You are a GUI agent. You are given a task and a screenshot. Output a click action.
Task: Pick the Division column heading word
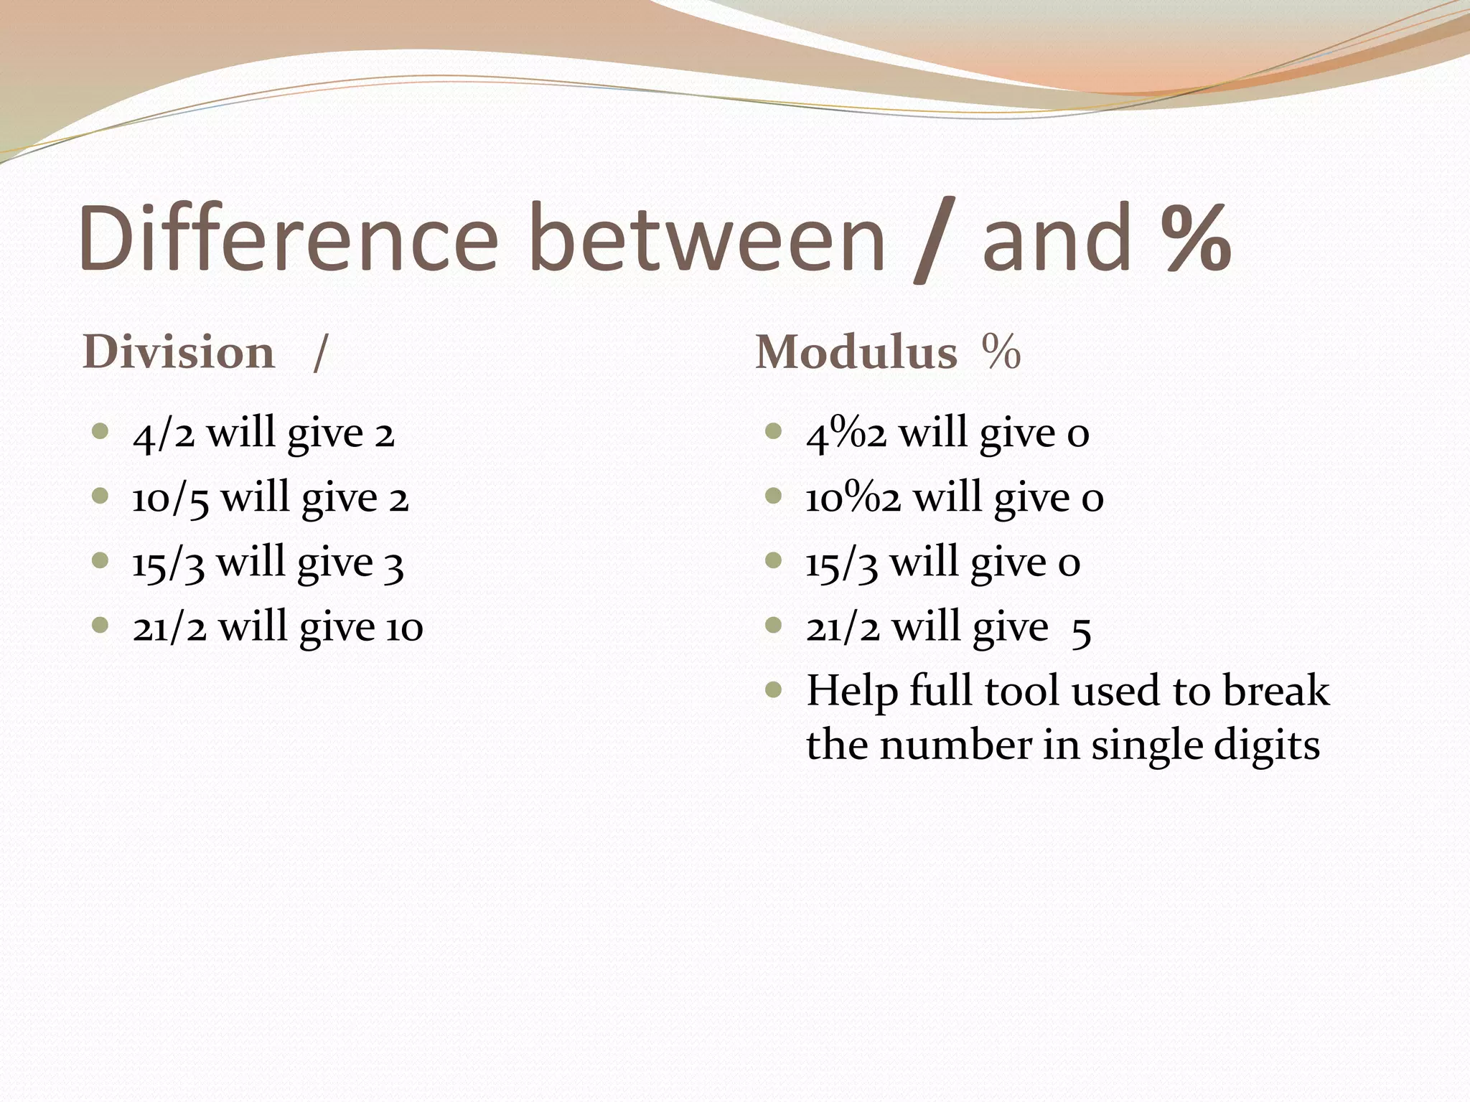179,352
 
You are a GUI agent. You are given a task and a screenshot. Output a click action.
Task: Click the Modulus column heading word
856,352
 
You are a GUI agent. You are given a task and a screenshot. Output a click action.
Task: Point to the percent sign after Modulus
1001,352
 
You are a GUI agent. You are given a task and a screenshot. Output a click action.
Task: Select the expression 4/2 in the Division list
164,434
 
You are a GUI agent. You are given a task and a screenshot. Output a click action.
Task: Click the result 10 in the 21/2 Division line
405,628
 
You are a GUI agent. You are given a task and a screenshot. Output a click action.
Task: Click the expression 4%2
846,434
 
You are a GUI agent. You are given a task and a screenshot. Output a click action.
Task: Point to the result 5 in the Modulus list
1081,630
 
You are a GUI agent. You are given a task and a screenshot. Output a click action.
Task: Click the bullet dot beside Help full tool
773,690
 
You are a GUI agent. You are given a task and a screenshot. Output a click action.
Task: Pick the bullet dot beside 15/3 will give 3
100,560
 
